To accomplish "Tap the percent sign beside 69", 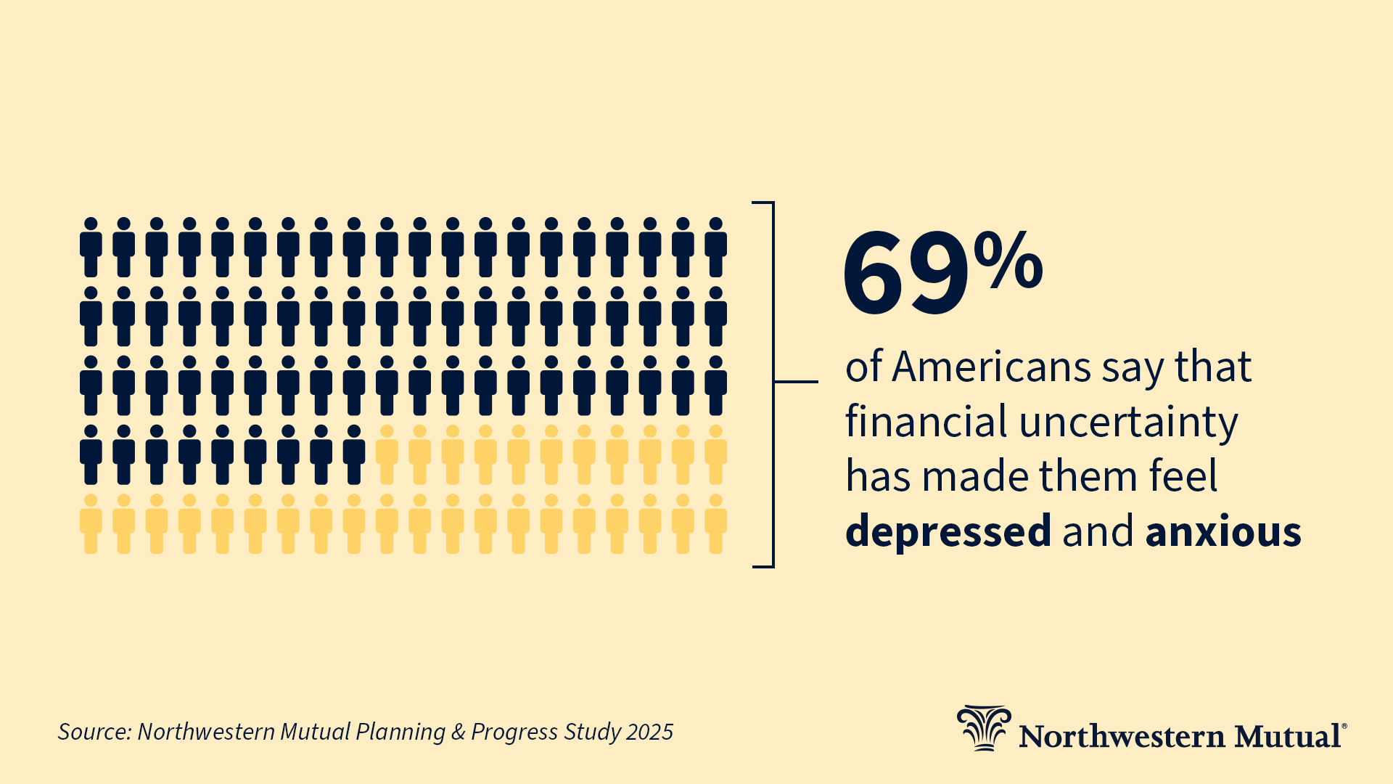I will [1008, 259].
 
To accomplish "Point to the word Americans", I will [991, 367].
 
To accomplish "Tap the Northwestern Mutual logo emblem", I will [983, 728].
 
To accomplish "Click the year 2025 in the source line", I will [649, 732].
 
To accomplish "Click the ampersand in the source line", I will [458, 732].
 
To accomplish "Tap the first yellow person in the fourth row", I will [387, 455].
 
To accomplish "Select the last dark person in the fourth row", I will [354, 455].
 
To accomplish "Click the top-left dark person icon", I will [91, 248].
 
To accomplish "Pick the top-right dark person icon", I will [716, 248].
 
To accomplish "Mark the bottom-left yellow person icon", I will [91, 524].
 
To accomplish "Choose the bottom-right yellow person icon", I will [716, 524].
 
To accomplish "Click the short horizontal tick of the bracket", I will [796, 381].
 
